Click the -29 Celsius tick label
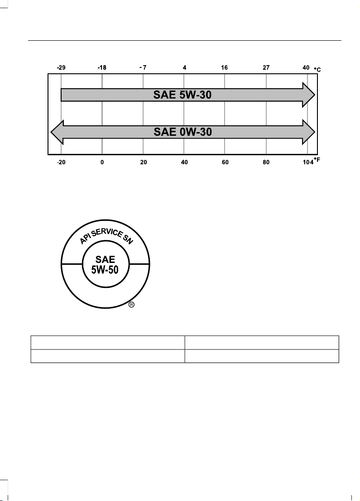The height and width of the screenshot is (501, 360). click(x=61, y=67)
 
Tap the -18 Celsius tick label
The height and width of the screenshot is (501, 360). click(x=102, y=67)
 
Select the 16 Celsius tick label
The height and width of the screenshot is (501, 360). click(x=225, y=67)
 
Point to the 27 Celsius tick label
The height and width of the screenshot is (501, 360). click(x=266, y=67)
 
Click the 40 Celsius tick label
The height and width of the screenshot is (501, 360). click(x=306, y=67)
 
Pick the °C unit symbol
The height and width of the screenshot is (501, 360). click(x=317, y=69)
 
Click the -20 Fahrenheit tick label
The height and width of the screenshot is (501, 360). click(x=61, y=162)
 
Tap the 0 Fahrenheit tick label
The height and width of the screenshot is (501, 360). click(x=102, y=162)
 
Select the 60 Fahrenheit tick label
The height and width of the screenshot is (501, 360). click(x=226, y=162)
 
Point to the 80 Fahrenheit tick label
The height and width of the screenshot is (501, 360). click(x=266, y=162)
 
